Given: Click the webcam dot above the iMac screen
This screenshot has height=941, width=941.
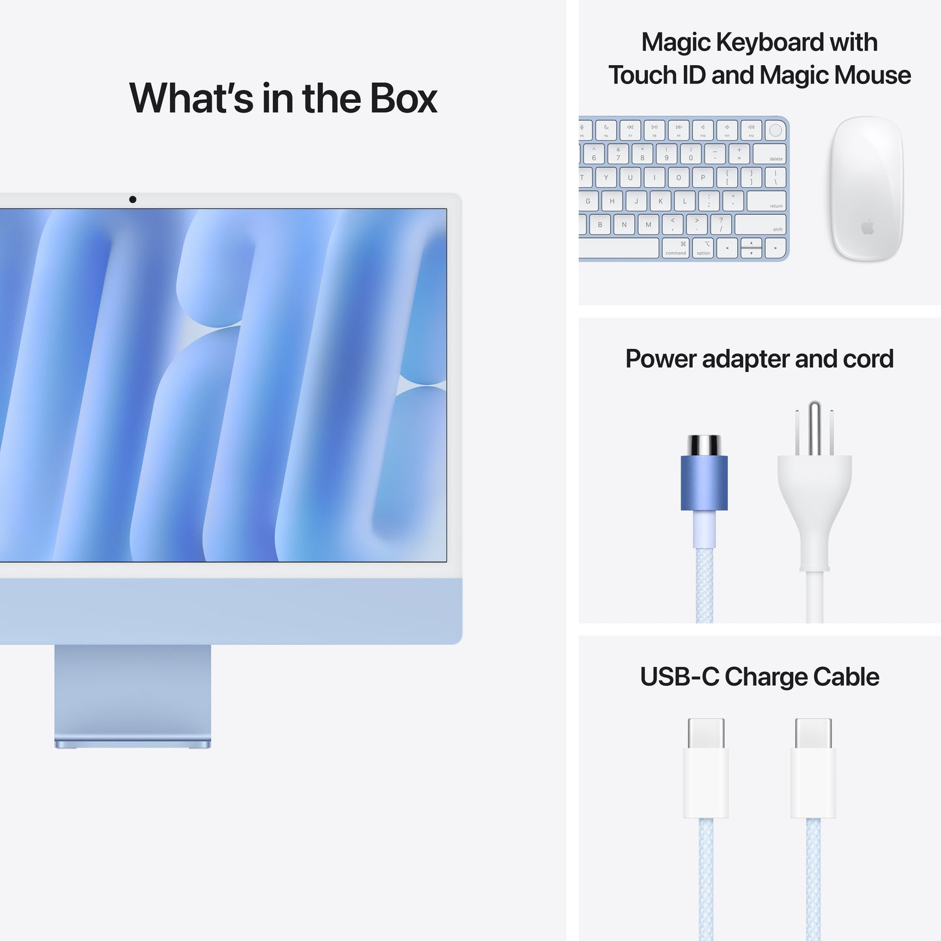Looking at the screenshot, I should [133, 199].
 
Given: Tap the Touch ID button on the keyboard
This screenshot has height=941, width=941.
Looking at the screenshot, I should [775, 130].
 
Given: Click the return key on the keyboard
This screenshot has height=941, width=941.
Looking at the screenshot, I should [766, 201].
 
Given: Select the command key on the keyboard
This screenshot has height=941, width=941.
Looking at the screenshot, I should [676, 248].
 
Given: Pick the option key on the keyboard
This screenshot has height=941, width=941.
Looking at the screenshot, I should [703, 248].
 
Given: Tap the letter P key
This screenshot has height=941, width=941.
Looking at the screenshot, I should [703, 177].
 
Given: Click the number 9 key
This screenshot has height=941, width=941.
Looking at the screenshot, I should [666, 154].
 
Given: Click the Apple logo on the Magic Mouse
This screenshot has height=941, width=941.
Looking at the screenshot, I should [867, 227].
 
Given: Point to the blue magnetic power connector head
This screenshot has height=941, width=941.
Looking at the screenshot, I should [704, 482].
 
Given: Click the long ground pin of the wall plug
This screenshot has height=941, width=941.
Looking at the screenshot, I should [814, 427].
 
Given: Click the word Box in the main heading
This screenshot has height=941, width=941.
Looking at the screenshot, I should [404, 99].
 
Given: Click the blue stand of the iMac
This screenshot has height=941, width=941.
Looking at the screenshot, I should [133, 694].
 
